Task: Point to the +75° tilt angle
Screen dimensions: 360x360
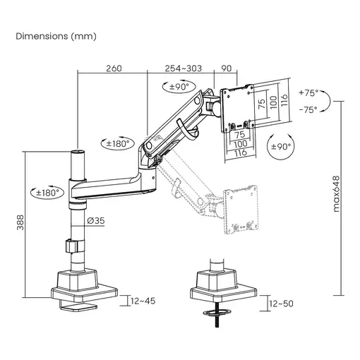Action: point(308,92)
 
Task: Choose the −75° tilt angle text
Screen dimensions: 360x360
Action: point(308,109)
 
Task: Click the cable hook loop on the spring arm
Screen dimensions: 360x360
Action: point(186,128)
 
